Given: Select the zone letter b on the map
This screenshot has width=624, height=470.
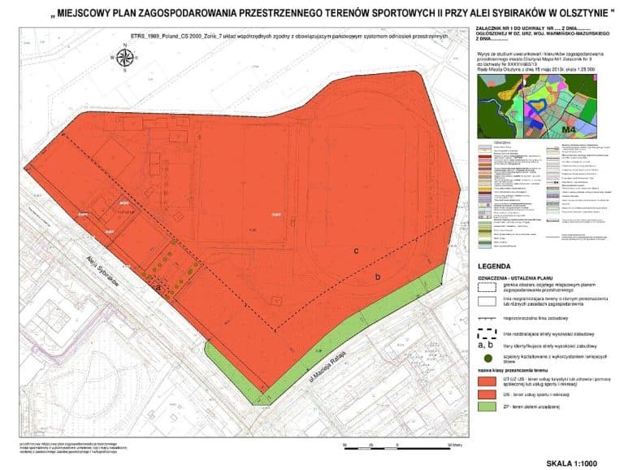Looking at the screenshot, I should click(x=378, y=277).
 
